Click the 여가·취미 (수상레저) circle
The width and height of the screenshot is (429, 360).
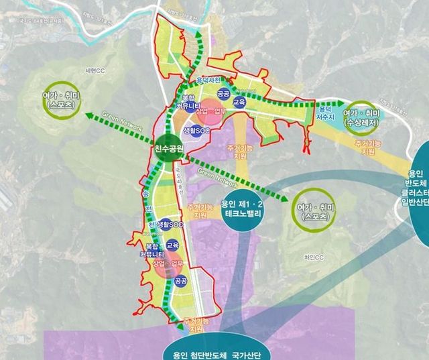(361, 115)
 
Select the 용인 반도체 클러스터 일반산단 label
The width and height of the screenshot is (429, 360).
(416, 184)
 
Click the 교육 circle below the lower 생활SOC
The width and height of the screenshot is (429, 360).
(173, 245)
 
